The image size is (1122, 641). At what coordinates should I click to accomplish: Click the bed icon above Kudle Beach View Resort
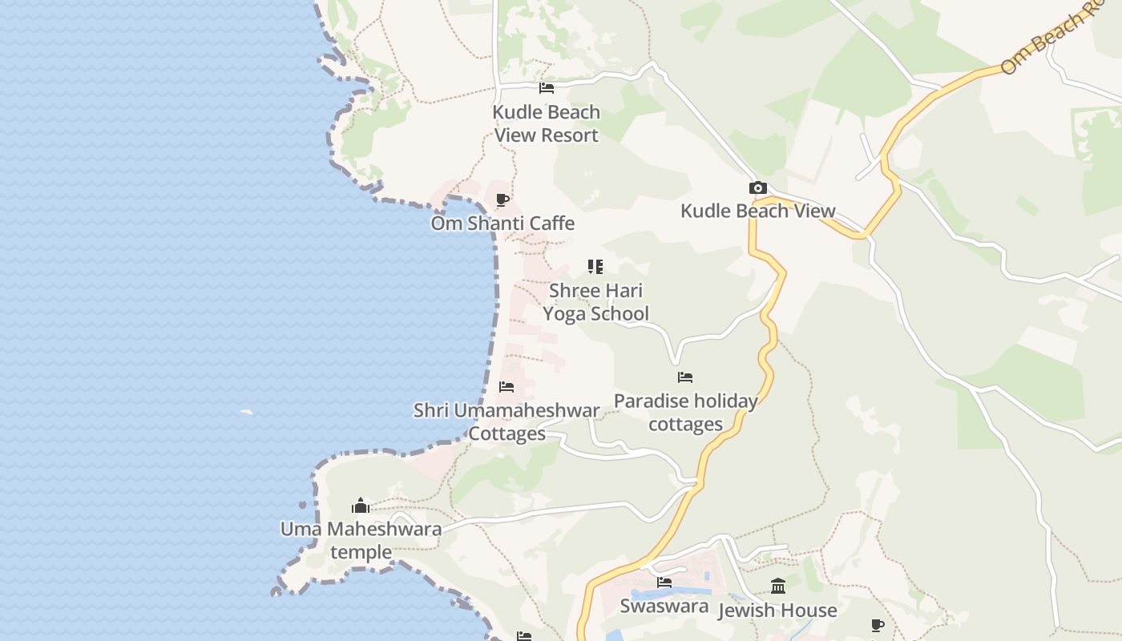pos(547,87)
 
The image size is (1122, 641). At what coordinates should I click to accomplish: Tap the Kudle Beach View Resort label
pos(547,123)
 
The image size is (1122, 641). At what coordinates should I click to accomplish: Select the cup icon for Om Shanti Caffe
pos(502,200)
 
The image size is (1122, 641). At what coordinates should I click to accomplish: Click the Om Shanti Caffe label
pos(502,223)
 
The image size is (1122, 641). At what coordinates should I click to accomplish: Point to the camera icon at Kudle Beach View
pos(757,188)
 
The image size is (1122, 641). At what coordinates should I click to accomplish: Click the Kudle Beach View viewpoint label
pos(757,211)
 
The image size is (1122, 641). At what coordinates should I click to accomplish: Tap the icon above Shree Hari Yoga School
pos(595,267)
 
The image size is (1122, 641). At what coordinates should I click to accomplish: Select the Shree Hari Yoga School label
pos(595,302)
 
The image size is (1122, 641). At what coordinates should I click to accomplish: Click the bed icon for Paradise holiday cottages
pos(685,377)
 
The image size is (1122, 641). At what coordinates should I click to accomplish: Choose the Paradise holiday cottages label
pos(685,412)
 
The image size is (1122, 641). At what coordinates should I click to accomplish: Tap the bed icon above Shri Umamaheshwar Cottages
pos(507,387)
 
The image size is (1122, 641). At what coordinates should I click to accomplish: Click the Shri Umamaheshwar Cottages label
pos(507,421)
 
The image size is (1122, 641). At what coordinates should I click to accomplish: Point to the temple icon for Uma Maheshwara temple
pos(361,506)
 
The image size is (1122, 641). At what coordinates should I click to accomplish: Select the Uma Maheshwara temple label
pos(361,540)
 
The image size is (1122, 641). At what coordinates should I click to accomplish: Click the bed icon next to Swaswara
pos(664,583)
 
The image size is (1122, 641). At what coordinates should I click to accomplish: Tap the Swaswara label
pos(664,606)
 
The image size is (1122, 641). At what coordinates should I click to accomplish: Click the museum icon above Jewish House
pos(777,586)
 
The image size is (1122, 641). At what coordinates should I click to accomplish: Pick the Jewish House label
pos(777,611)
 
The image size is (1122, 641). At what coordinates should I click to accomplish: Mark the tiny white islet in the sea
pos(247,413)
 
